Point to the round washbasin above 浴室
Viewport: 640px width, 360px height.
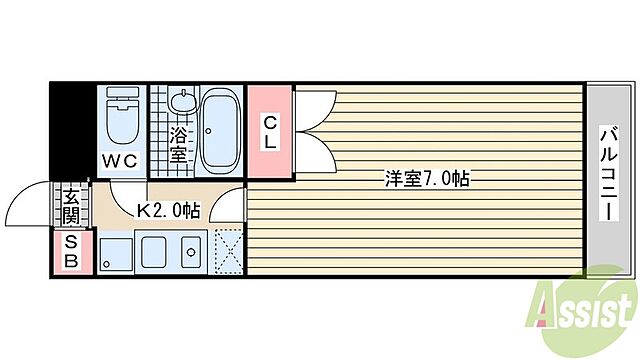(x=181, y=102)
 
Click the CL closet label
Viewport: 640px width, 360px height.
(x=270, y=132)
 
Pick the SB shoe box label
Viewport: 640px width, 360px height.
(x=71, y=251)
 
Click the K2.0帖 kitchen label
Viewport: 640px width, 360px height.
(x=167, y=210)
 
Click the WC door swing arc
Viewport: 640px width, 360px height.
(x=128, y=190)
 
